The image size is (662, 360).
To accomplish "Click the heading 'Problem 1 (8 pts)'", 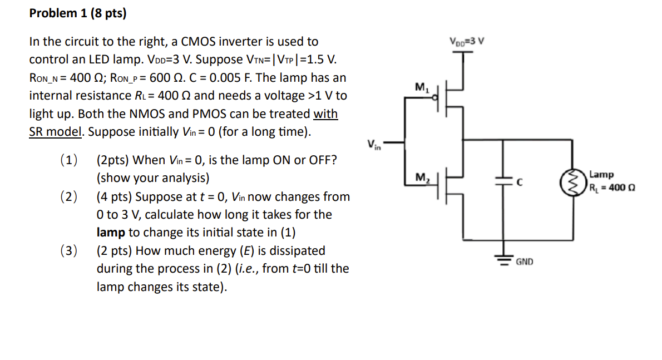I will pos(78,13).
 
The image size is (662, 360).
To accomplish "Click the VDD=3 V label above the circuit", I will pos(467,41).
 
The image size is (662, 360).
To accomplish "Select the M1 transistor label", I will pos(421,87).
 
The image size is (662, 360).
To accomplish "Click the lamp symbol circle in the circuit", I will pos(570,181).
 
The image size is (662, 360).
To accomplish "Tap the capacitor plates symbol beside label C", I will pos(504,181).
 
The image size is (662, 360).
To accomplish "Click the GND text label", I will pos(525,261).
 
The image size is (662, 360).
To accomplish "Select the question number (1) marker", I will pos(68,160).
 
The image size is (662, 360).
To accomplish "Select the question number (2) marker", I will pos(68,197).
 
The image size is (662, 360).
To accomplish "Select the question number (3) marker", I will pos(68,251).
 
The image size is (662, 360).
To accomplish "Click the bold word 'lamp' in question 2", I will pos(110,233).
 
